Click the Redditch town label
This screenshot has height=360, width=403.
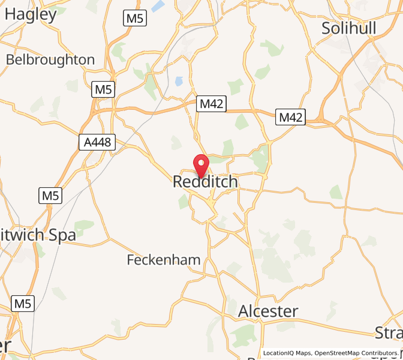(205, 182)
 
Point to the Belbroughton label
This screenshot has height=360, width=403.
(50, 60)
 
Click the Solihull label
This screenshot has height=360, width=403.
(348, 28)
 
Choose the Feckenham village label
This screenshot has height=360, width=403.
(163, 260)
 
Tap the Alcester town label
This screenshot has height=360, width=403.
(268, 311)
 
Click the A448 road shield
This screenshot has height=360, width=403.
(97, 142)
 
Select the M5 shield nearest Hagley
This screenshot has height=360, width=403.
(135, 19)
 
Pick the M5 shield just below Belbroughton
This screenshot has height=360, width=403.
(104, 90)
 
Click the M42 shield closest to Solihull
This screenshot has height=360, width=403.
(291, 117)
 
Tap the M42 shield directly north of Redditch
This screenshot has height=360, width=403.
(212, 104)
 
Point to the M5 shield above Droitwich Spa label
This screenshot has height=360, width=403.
(51, 195)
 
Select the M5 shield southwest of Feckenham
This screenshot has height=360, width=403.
(22, 304)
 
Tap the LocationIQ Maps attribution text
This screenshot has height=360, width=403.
(287, 353)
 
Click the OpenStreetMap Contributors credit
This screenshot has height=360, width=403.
(356, 353)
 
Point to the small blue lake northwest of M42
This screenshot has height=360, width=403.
(178, 80)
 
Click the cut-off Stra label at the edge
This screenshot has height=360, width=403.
(388, 332)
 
